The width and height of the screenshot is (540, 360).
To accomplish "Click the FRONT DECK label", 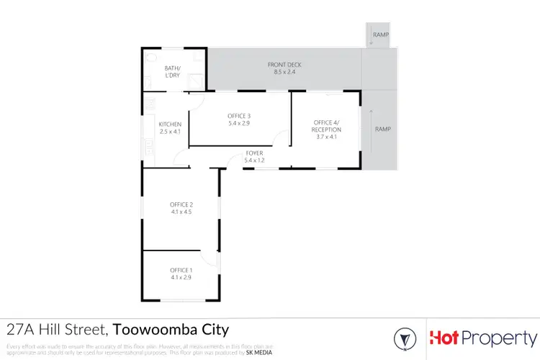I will tap(284, 65).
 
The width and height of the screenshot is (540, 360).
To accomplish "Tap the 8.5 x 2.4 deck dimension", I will tap(284, 72).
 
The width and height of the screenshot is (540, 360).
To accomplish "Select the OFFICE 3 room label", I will tap(239, 116).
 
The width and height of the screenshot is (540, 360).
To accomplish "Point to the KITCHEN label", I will tap(171, 124).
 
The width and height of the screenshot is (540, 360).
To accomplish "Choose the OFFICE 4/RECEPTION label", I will tap(327, 126).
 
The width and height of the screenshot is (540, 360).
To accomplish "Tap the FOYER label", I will tap(253, 153).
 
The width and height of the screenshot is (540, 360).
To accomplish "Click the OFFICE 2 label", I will tap(181, 204).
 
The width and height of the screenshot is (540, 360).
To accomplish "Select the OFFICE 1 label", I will tap(181, 270).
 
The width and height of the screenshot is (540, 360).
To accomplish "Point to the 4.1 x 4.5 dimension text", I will tap(181, 212).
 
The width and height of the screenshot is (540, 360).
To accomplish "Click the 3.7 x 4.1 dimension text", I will tap(327, 137).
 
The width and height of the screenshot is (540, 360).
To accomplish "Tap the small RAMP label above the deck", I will tap(381, 35).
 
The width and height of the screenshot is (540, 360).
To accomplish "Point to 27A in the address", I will tap(21, 331).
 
